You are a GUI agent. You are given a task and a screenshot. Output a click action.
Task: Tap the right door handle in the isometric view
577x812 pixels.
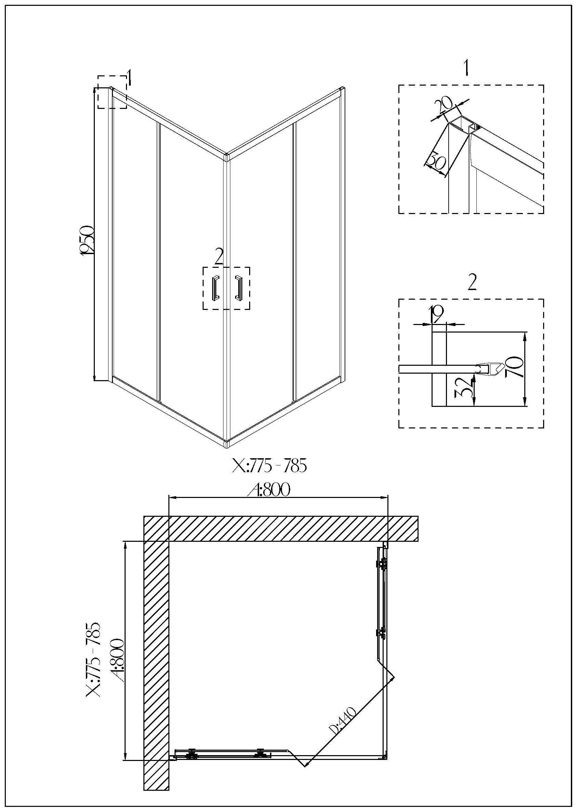[x=238, y=287]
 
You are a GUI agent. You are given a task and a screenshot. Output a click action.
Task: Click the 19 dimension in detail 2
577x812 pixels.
[x=437, y=314]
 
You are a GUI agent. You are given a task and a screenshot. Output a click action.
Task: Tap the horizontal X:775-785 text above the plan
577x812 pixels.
[x=269, y=466]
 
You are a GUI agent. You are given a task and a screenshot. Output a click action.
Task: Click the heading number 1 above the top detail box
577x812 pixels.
[x=466, y=68]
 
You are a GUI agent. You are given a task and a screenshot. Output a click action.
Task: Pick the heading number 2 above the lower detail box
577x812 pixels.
[x=472, y=283]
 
